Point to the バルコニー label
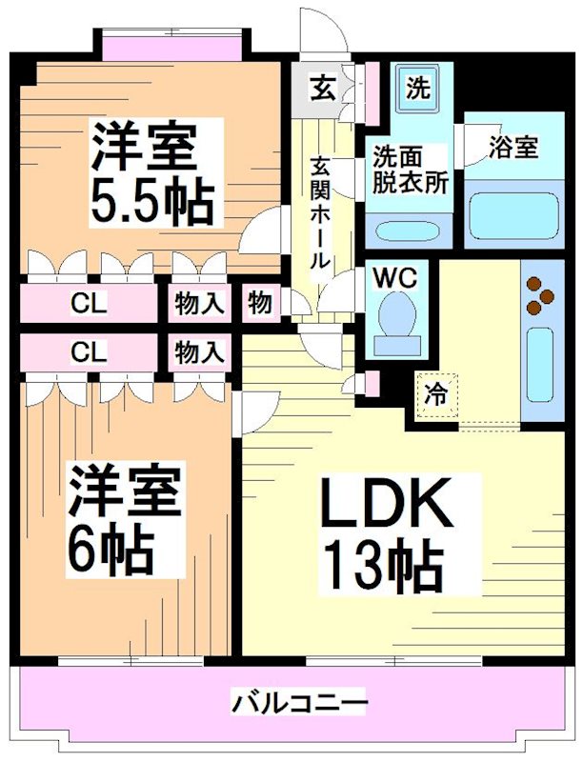click(299, 706)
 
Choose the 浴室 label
click(513, 148)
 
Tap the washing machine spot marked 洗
click(417, 90)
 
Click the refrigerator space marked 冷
click(435, 392)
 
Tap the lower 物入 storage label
click(198, 351)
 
